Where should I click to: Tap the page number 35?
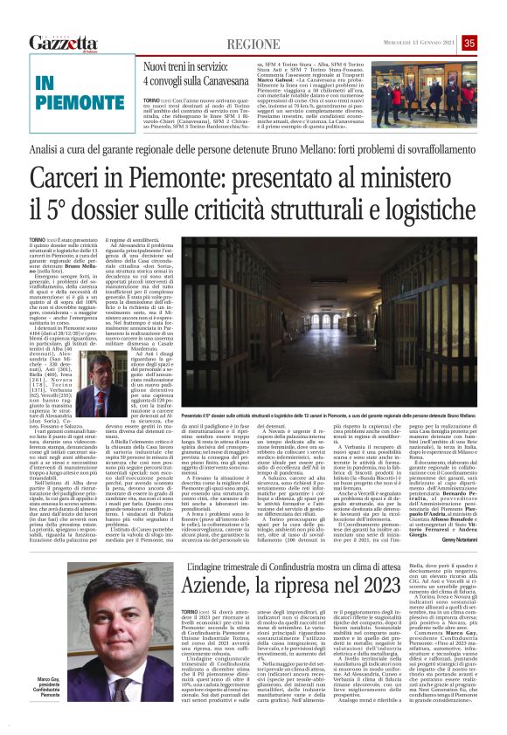pos(494,43)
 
